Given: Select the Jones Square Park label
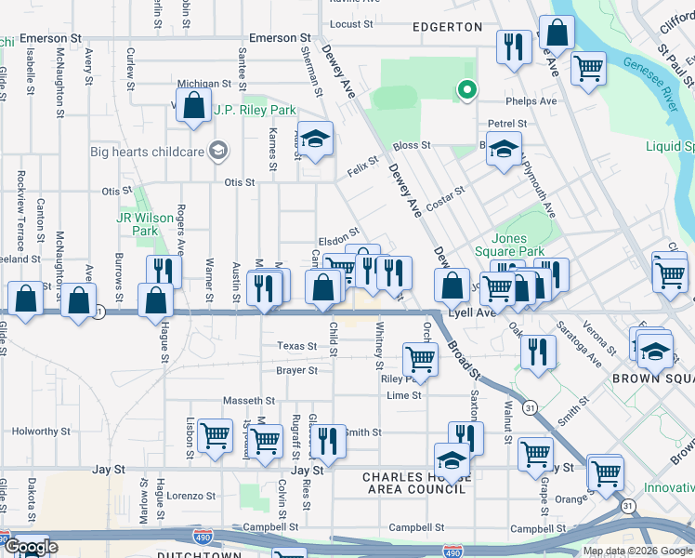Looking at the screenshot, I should point(517,245).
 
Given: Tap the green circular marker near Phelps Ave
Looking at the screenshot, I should point(466,91).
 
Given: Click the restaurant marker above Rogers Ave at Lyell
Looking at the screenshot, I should point(162,271).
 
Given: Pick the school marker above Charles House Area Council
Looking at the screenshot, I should point(452,459).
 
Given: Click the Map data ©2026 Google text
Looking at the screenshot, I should point(637,551).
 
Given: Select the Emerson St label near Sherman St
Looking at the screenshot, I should point(278,38).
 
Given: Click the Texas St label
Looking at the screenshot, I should point(296,346).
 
